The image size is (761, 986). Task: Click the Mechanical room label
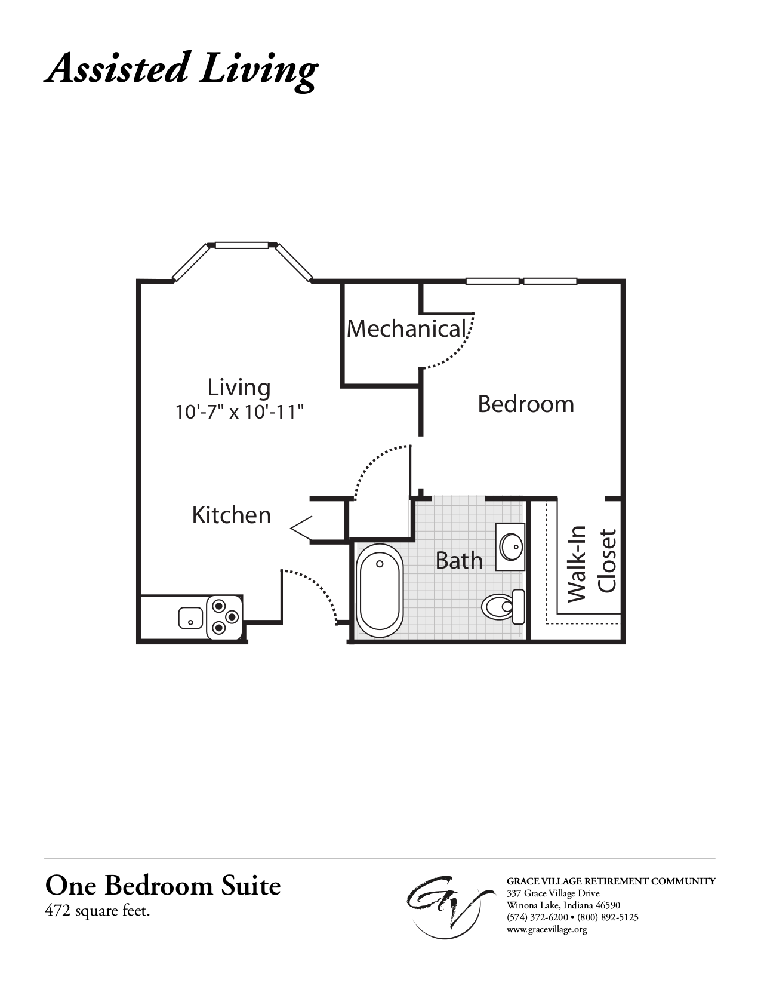point(406,329)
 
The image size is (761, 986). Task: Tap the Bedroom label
point(526,404)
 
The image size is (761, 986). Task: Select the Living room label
point(239,388)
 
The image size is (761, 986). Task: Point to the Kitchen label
point(232,515)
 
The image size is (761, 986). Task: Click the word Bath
point(459,560)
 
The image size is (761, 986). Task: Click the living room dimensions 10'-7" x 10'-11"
point(239,412)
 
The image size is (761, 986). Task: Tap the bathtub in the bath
point(379,590)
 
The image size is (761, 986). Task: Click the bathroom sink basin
point(511,546)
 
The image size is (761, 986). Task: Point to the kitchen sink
point(190,618)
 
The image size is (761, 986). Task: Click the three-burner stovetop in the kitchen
point(223,617)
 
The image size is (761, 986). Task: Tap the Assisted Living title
point(181,69)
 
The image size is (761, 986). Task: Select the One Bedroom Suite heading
point(163,886)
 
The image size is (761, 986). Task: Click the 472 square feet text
point(97,911)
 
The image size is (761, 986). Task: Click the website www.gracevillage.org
point(547,929)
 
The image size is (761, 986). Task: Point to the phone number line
point(572,917)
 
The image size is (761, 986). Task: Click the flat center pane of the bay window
point(242,245)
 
